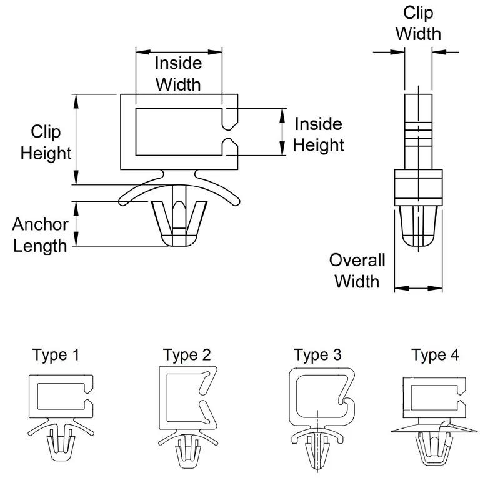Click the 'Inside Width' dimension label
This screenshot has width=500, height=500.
point(179,72)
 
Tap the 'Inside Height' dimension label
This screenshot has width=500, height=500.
point(319,134)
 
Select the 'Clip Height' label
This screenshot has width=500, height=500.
point(46,142)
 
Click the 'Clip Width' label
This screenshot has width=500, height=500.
point(418,22)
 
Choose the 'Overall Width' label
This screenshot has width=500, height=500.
point(357,271)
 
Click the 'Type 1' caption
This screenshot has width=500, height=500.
point(56,356)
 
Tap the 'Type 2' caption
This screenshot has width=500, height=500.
point(187,356)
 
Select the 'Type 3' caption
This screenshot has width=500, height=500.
point(318,356)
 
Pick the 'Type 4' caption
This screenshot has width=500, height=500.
point(436,356)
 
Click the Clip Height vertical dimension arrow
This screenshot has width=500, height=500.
point(77,138)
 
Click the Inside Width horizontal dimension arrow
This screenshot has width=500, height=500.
point(179,51)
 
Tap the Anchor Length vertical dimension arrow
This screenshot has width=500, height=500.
point(77,223)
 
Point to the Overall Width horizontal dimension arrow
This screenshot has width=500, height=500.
point(419,289)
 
